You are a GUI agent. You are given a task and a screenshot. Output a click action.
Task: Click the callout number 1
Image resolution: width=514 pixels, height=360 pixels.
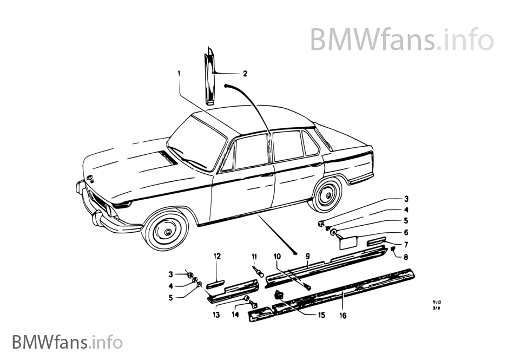click(x=178, y=72)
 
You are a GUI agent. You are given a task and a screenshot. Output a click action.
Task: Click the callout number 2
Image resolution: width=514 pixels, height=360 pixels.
click(x=245, y=73)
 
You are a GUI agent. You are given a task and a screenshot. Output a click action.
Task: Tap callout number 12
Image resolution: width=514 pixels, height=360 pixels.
click(x=217, y=256)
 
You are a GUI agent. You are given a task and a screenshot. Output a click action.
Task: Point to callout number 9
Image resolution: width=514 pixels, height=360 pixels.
click(x=307, y=256)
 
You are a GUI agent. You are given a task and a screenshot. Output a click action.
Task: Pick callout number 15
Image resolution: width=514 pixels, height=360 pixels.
click(x=322, y=315)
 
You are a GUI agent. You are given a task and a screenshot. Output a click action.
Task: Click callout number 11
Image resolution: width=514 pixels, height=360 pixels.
click(x=254, y=256)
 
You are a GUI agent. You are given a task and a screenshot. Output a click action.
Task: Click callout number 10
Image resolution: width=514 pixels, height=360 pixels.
click(x=277, y=256)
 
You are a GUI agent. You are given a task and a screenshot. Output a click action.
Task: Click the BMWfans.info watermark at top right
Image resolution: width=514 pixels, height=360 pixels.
click(x=401, y=39)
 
